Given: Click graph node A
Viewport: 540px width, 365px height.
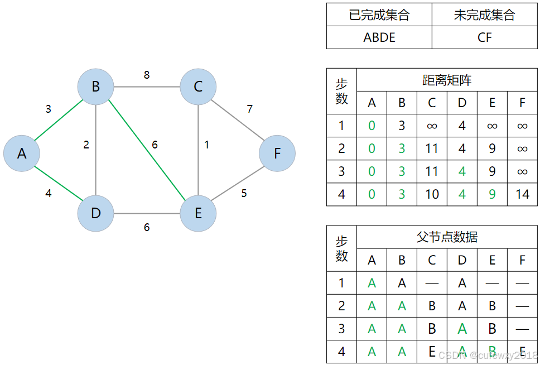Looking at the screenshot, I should (x=22, y=153).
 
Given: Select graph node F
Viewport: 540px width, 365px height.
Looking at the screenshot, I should (x=277, y=153).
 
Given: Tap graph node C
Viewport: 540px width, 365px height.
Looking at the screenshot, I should (x=198, y=87).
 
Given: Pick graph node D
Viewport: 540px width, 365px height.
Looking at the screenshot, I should (x=95, y=213).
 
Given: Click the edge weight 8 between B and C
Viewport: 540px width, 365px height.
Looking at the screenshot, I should (x=147, y=75).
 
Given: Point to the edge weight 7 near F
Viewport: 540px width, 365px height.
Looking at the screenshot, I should (x=250, y=108).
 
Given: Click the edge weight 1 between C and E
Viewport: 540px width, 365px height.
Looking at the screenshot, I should (x=206, y=145).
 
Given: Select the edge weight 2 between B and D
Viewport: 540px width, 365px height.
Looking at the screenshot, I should (x=86, y=145).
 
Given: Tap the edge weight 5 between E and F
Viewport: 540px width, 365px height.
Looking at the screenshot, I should (x=244, y=194).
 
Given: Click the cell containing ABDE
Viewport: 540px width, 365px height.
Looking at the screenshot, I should (x=379, y=37).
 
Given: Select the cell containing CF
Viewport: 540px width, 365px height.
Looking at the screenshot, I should (x=485, y=37).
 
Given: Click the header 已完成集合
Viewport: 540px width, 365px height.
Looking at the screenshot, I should (x=379, y=15).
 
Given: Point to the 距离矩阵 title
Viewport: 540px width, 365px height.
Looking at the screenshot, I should (x=447, y=80).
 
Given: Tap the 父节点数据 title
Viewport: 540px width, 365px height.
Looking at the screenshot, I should (x=447, y=237).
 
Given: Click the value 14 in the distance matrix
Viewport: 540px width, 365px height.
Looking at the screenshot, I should (x=522, y=194).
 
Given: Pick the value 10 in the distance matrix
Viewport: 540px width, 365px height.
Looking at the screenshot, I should (x=432, y=194).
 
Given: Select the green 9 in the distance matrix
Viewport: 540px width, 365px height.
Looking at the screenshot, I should (x=492, y=194).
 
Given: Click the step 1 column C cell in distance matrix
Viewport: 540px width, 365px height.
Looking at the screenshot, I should (x=432, y=126).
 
